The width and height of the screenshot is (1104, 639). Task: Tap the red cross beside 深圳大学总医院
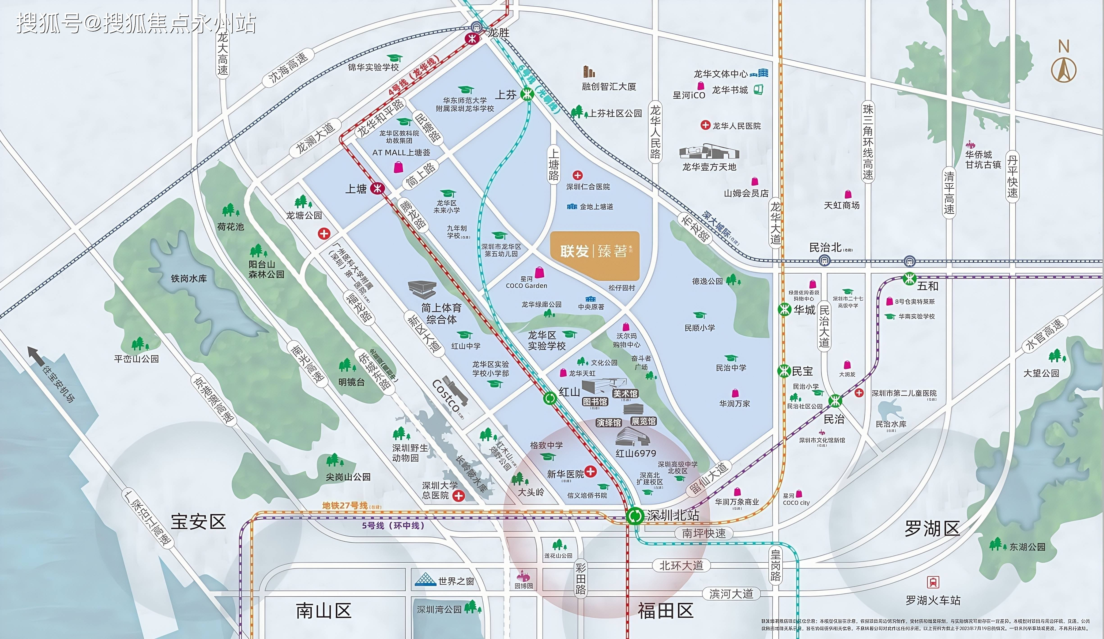click(x=458, y=496)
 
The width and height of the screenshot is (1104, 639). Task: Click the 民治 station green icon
click(x=835, y=401)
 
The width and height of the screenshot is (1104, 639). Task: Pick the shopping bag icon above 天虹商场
click(x=848, y=194)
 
